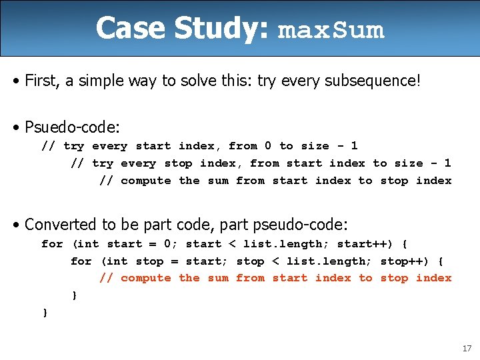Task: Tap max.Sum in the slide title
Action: click(x=331, y=31)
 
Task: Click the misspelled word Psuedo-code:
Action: click(x=71, y=126)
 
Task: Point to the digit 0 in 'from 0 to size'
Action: click(x=268, y=146)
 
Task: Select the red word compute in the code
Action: click(x=146, y=278)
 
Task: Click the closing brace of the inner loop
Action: click(x=74, y=295)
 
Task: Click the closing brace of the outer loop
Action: click(x=45, y=312)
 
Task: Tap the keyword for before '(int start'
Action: click(x=52, y=244)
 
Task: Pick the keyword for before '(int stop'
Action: click(x=81, y=261)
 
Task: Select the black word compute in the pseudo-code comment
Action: click(x=146, y=181)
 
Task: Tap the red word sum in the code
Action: click(x=218, y=278)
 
